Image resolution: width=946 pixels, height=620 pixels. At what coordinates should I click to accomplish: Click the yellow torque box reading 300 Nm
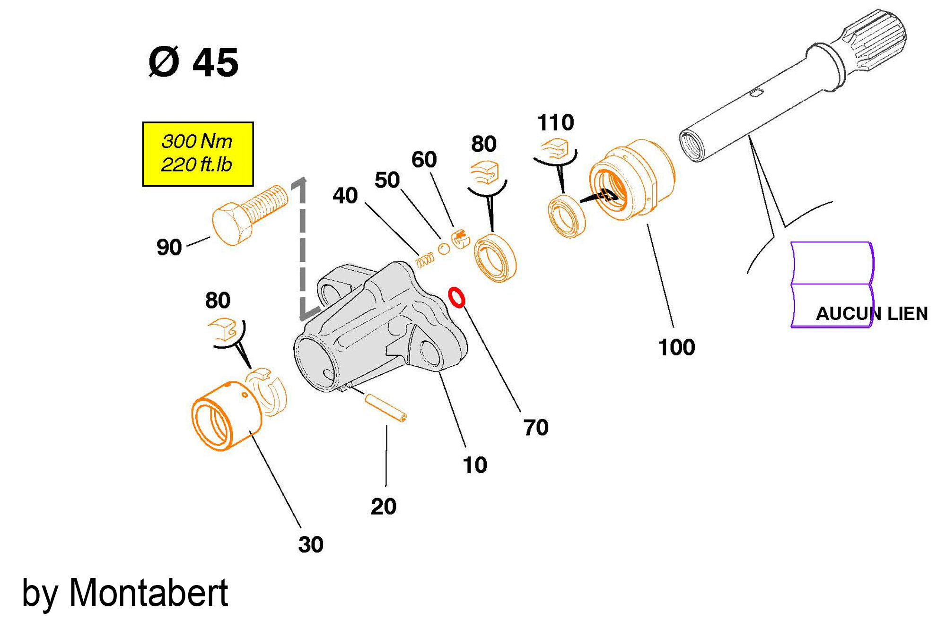[x=198, y=154]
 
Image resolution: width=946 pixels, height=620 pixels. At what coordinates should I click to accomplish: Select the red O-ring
[x=457, y=297]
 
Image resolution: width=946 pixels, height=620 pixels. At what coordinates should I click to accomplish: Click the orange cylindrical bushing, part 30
[x=226, y=415]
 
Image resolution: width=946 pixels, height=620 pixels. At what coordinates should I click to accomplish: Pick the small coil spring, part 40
[x=425, y=259]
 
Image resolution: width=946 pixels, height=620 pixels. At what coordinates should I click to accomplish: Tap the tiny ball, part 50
[x=444, y=249]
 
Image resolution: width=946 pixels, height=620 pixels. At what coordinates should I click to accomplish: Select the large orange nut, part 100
[x=631, y=180]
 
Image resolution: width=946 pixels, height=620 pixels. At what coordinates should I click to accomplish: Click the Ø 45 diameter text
[x=193, y=62]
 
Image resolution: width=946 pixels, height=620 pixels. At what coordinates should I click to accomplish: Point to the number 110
[x=555, y=123]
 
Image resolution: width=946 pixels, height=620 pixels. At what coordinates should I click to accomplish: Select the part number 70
[x=536, y=428]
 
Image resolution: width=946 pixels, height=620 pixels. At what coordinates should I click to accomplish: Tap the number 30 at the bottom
[x=311, y=544]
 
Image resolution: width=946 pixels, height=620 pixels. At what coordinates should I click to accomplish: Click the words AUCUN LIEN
[x=872, y=314]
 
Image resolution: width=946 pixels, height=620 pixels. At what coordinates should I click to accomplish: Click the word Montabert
[x=149, y=593]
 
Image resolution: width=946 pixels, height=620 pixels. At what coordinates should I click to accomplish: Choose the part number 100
[x=676, y=347]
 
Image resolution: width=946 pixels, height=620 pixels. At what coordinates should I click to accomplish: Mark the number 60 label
[x=424, y=160]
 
